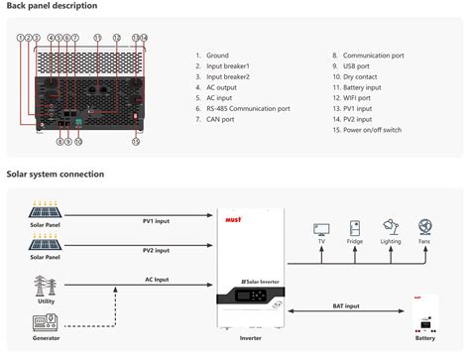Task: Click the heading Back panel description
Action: click(52, 7)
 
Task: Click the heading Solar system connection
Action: click(56, 175)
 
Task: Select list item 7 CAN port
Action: click(219, 119)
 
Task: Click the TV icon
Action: click(321, 227)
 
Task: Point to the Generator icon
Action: click(45, 322)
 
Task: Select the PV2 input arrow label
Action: click(157, 250)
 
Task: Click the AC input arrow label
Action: click(157, 280)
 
